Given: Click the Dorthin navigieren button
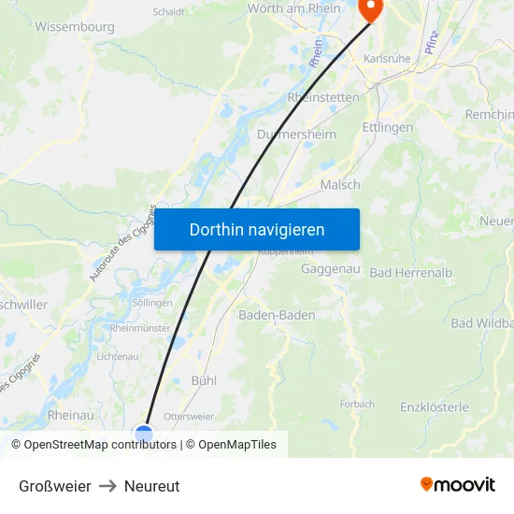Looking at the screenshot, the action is click(x=257, y=229).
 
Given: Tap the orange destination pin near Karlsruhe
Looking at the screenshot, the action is click(x=370, y=9).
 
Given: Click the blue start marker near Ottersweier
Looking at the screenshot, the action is click(x=144, y=433).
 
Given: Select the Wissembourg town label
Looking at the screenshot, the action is click(x=75, y=27).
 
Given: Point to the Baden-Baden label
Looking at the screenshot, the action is click(x=277, y=315).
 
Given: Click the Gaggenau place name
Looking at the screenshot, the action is click(x=332, y=269).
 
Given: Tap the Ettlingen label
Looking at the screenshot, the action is click(x=387, y=127).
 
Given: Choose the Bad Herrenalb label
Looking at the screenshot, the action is click(x=411, y=273).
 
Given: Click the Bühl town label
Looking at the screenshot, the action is click(x=204, y=381).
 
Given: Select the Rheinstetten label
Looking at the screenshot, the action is click(x=323, y=97).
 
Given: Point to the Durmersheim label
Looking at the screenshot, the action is click(x=296, y=135).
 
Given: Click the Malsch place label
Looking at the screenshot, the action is click(x=340, y=185).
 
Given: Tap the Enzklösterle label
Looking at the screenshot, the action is click(x=435, y=407).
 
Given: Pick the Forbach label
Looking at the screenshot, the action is click(x=357, y=405).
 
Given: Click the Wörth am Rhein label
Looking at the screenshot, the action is click(x=294, y=8).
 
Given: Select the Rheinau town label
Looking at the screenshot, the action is click(x=70, y=415).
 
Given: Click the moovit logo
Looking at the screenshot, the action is click(x=458, y=485).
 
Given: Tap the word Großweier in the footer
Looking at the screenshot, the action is click(x=55, y=486).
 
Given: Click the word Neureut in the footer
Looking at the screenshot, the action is click(x=151, y=486).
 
